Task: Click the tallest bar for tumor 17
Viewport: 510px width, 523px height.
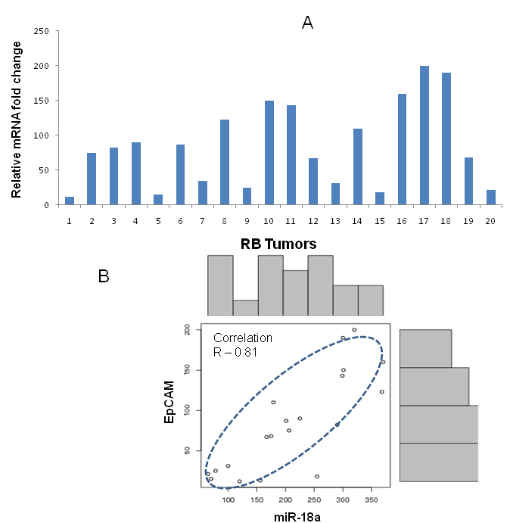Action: tap(424, 135)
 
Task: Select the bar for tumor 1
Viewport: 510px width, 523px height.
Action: tap(70, 201)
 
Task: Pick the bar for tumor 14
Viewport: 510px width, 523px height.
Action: tap(358, 167)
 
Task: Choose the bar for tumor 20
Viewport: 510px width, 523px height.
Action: tap(491, 197)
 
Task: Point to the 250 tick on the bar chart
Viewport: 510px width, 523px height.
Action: tap(42, 31)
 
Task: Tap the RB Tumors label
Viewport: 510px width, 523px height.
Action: tap(278, 244)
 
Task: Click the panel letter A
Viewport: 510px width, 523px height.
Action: tap(307, 23)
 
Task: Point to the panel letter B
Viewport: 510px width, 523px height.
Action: tap(104, 276)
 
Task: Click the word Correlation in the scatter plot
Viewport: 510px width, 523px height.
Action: tap(242, 338)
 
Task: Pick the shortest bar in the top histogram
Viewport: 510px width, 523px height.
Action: tap(245, 307)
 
